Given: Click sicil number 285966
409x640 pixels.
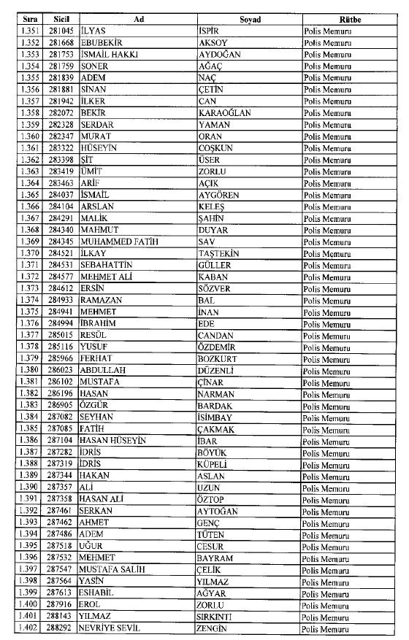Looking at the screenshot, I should tap(58, 358).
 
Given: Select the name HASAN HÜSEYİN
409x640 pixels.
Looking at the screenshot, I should tap(113, 441).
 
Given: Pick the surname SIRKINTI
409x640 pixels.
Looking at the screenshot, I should tap(218, 616).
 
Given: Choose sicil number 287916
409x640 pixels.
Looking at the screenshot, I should tap(58, 604).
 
